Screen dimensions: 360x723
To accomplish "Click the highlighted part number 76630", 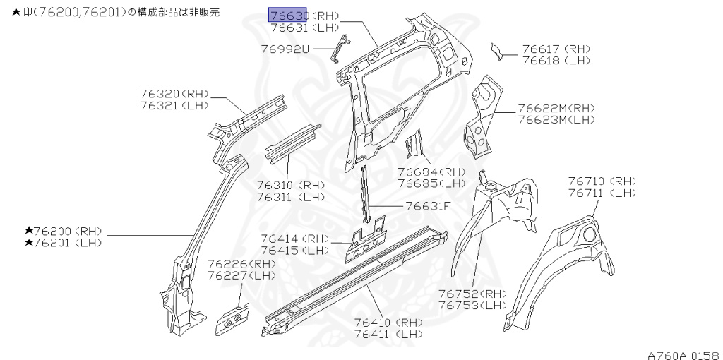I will click(287, 16).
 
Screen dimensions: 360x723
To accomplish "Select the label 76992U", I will click(285, 49).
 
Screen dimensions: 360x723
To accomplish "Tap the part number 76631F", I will click(427, 206).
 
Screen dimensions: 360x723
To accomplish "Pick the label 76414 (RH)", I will click(295, 239).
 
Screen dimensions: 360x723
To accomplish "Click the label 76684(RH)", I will click(431, 172).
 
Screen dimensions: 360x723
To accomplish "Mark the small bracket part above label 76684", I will click(414, 144).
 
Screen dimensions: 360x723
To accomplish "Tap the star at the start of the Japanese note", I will click(6, 13).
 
